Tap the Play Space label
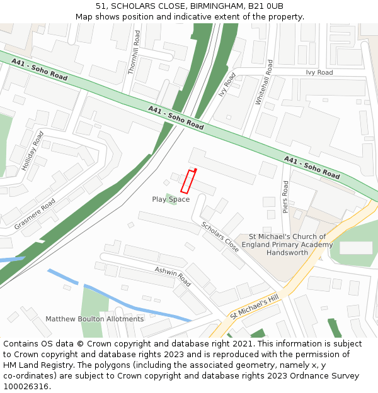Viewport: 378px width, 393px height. tap(170, 199)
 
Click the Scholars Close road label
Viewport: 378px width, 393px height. tap(220, 237)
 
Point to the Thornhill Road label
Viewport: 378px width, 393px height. tap(133, 52)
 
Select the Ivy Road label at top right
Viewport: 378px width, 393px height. tap(319, 72)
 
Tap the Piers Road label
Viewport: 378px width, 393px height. tap(285, 196)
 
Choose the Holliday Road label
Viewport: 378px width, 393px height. tap(32, 151)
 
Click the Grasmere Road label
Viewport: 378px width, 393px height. tap(35, 214)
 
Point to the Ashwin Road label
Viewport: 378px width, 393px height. tap(173, 276)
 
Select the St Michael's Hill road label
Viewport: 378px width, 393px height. tap(254, 307)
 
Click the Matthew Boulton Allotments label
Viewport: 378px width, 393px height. tap(94, 319)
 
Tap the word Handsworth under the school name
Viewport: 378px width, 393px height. tap(287, 252)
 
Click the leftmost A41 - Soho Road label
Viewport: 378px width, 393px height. tap(39, 69)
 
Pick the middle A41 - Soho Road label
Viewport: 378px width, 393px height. tap(176, 118)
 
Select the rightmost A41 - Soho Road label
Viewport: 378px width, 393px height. tap(312, 167)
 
